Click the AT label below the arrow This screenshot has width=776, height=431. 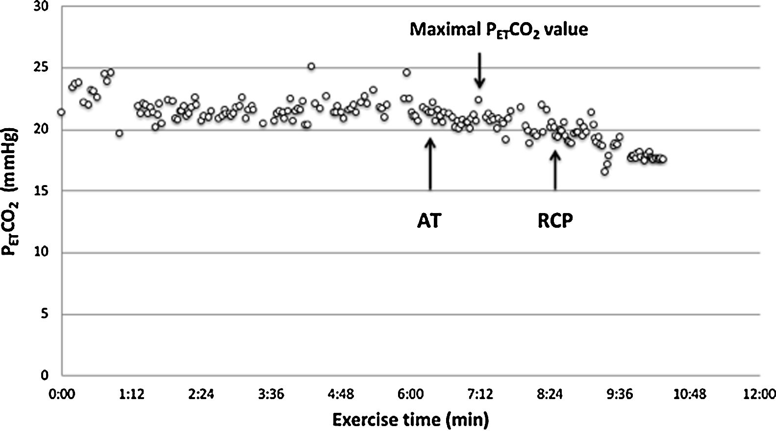pos(429,221)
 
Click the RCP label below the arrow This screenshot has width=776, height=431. pos(555,221)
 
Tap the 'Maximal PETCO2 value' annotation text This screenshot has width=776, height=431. pos(499,30)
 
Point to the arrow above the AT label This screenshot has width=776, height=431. pos(430,164)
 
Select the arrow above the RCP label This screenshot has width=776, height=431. pos(555,170)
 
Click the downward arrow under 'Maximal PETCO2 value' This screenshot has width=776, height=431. pos(479,71)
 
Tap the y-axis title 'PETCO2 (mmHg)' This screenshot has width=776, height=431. pos(11,191)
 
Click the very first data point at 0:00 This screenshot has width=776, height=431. pos(61,112)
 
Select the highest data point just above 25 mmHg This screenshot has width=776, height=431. pos(311,66)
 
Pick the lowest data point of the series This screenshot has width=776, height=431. pos(604,172)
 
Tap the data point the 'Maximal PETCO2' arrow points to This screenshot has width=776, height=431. pos(478,100)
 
